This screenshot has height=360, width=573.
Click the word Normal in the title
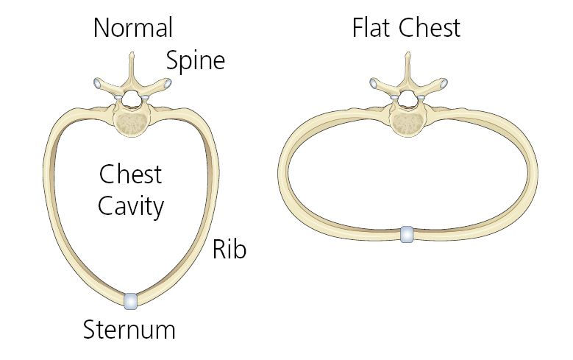pos(133,28)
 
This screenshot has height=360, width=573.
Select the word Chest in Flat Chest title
pos(430,28)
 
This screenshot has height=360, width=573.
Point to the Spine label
pos(196,61)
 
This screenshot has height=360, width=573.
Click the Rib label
pos(229,250)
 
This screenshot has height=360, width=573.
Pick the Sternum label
pos(129,330)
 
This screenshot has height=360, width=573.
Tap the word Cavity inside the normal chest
pos(131,207)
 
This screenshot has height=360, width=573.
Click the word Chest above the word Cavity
pos(130,174)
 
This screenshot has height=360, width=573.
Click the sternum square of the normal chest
pos(130,301)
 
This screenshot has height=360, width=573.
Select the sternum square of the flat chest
pos(407,235)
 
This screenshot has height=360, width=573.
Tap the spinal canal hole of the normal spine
pos(131,99)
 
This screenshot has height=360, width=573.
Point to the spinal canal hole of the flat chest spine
pos(407,99)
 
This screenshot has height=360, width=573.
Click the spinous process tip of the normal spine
pos(132,54)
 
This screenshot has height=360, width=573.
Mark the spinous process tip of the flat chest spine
pos(407,54)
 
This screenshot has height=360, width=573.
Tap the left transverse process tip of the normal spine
pos(98,82)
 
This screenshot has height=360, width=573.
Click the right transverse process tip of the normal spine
pos(168,83)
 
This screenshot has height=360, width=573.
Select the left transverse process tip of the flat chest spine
pos(374,82)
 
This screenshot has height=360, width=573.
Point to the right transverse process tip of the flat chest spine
pos(444,83)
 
